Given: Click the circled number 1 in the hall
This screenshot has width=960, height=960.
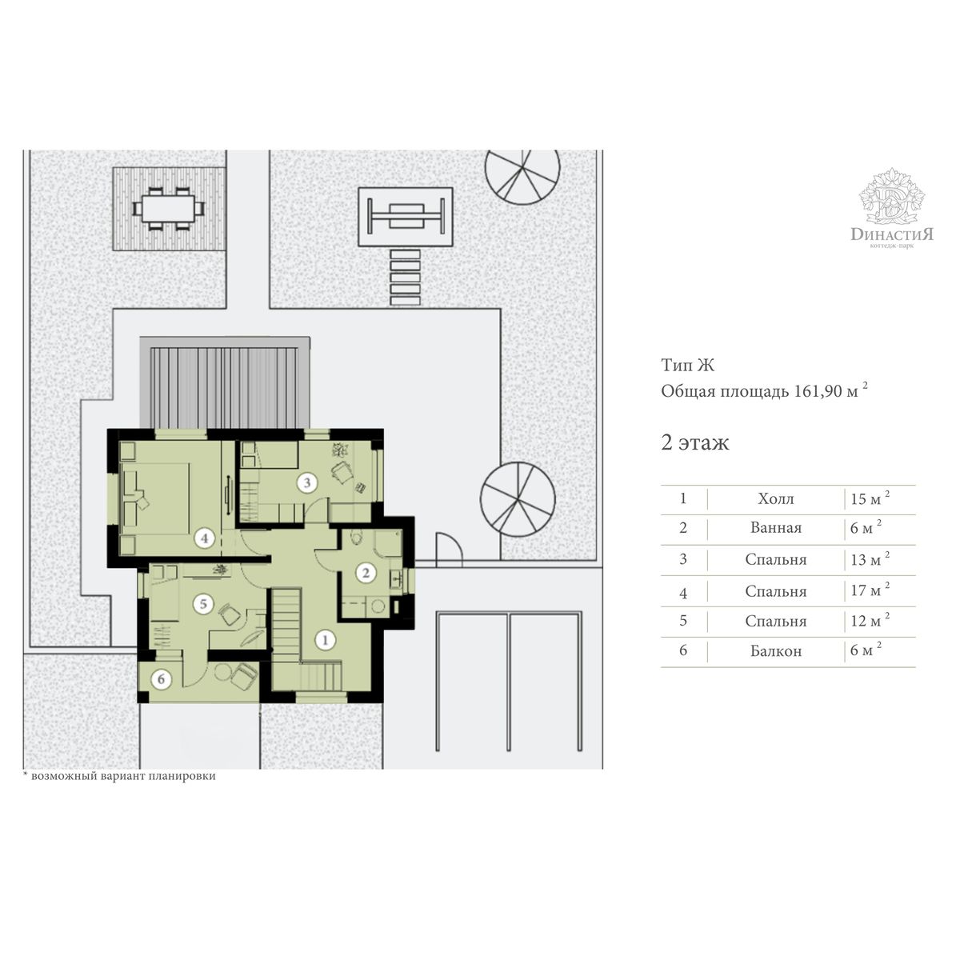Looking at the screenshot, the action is [326, 640].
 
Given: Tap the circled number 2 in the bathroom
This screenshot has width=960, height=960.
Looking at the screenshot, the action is [366, 573].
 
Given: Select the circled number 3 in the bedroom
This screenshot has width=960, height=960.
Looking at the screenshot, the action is [307, 482].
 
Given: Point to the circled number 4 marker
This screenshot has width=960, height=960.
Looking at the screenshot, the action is [204, 538].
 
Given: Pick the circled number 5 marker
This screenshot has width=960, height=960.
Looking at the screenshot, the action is [203, 604].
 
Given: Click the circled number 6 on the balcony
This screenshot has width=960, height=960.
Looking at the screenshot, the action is [161, 679].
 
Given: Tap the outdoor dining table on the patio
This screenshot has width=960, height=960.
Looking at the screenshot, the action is [168, 208].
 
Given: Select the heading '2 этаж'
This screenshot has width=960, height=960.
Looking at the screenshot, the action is [695, 442].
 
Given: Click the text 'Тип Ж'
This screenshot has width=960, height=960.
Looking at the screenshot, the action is [687, 365].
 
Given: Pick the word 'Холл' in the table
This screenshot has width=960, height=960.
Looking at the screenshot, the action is [776, 498].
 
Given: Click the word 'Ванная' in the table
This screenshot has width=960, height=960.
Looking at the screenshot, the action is [776, 527].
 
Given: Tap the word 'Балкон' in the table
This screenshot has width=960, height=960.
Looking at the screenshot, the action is [776, 651].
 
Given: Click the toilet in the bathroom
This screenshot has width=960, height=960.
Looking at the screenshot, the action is [356, 538].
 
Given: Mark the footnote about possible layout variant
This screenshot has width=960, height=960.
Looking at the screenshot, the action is [119, 776].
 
